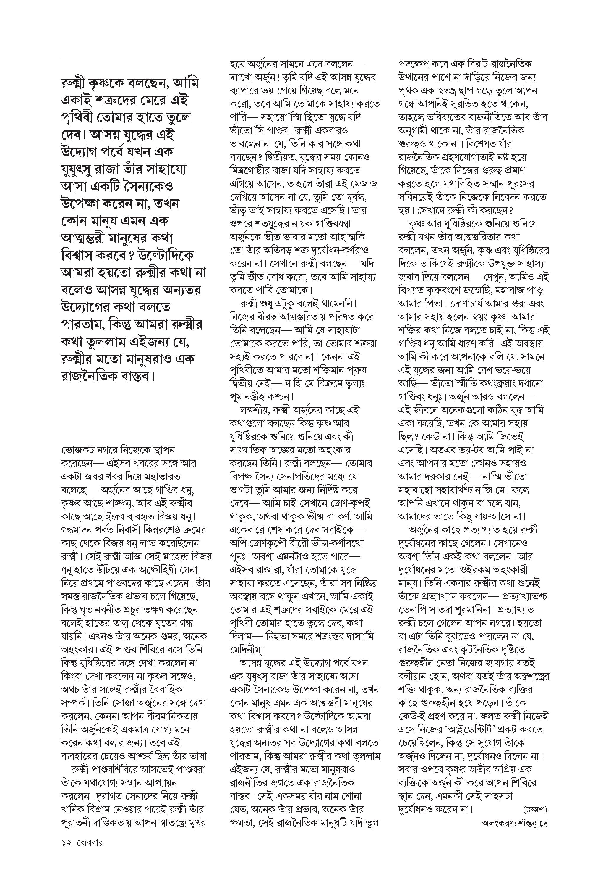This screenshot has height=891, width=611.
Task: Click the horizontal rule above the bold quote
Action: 134,59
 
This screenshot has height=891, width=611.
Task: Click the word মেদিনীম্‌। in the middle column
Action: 248,649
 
